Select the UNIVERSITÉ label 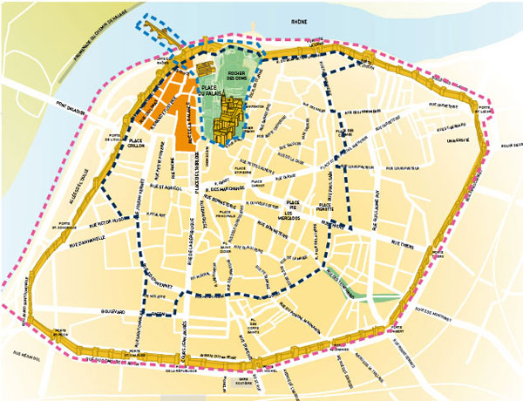(458, 138)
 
